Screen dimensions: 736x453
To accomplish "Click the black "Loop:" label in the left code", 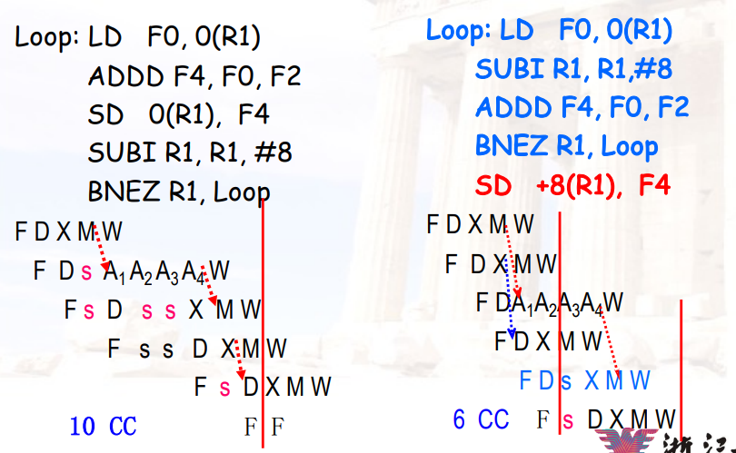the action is pos(46,39).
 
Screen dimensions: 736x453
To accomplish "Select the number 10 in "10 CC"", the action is pos(83,425).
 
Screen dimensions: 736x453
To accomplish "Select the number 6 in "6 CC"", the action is pos(461,419).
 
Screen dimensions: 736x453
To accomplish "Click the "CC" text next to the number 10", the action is pos(123,425).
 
